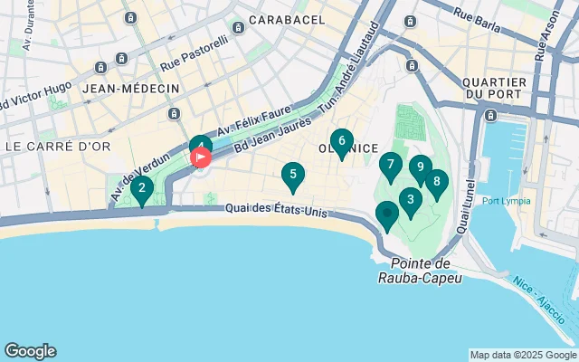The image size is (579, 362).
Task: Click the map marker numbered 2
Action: point(141,189)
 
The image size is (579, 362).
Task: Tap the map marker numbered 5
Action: point(293,176)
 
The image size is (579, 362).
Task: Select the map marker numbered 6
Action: point(341,141)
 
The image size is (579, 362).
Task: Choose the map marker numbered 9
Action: point(420,167)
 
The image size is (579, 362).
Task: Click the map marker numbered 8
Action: point(437,183)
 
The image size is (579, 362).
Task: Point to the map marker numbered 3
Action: point(411,201)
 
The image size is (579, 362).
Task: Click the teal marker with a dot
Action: point(387,214)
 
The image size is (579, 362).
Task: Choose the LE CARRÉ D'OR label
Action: point(50,146)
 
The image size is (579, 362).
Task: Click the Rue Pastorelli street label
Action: point(194,56)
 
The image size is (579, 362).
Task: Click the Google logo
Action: point(30,351)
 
